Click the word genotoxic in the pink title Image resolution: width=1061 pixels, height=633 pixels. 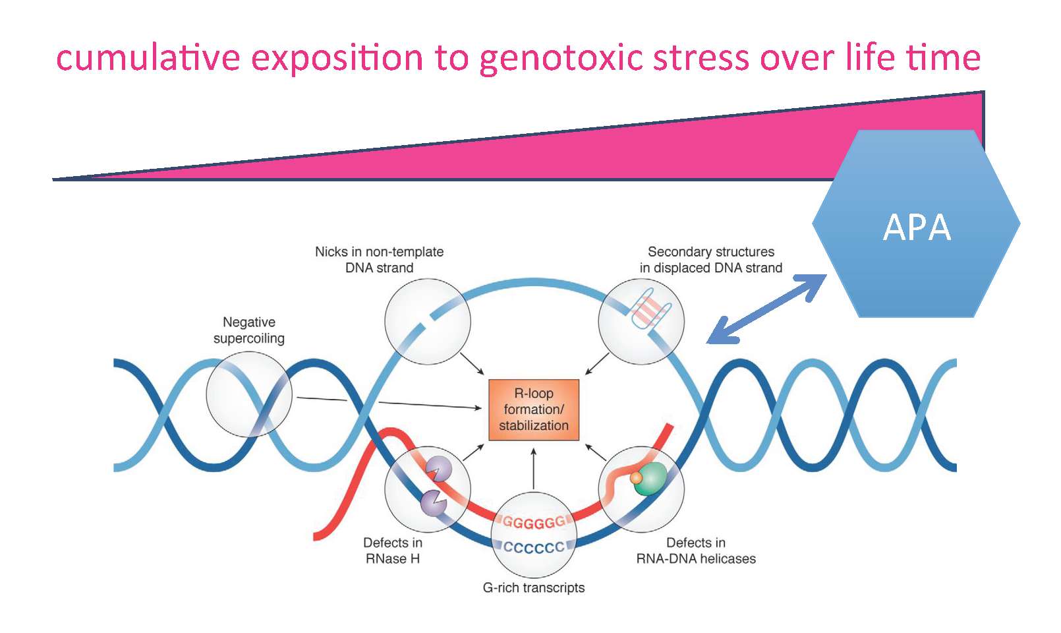(561, 58)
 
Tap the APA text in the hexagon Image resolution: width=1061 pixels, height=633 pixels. (917, 227)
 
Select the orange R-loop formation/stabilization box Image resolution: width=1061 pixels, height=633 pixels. (533, 409)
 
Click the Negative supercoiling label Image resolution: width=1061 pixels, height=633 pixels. (248, 330)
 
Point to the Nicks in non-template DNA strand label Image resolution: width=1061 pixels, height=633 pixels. (379, 260)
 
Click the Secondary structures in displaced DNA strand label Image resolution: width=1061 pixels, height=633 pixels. (710, 260)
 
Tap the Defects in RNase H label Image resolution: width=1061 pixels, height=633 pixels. (393, 551)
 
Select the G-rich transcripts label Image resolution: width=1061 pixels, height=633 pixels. (533, 588)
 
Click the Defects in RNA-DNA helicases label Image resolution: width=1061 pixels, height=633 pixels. (696, 551)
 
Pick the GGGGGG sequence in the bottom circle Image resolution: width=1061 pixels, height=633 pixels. (534, 523)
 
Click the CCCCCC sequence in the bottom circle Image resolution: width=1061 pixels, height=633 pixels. (534, 547)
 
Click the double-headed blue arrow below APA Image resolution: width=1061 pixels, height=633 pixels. (767, 309)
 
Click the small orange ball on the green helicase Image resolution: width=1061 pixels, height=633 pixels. (636, 477)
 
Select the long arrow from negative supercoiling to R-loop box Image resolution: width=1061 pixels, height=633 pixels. (389, 403)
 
